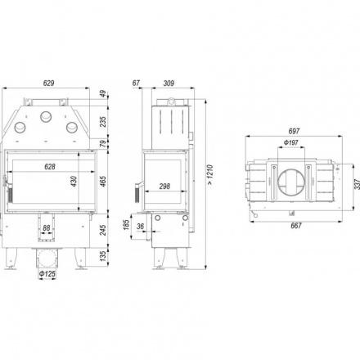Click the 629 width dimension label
click(x=48, y=83)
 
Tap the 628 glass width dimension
click(x=50, y=166)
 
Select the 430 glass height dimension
click(x=74, y=182)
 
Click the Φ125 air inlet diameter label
click(x=47, y=273)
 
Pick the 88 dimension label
click(x=47, y=227)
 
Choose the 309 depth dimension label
click(x=169, y=83)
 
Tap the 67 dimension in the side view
click(x=136, y=83)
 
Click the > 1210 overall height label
click(x=209, y=175)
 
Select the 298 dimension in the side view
click(x=164, y=187)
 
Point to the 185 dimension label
click(x=126, y=225)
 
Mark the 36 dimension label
click(x=140, y=227)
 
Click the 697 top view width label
click(x=294, y=131)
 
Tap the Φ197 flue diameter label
click(x=290, y=142)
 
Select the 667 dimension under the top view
click(x=296, y=226)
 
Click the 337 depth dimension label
click(x=357, y=184)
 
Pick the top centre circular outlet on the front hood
click(x=46, y=117)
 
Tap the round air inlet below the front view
click(x=47, y=258)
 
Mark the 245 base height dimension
click(x=103, y=230)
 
